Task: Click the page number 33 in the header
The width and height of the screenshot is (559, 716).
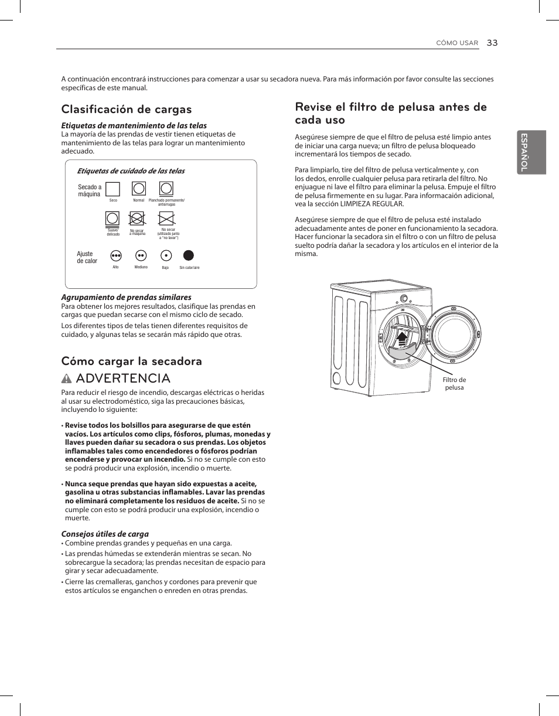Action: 492,43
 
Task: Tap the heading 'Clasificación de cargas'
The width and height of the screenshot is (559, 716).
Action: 127,110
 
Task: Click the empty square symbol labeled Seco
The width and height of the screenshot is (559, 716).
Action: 113,189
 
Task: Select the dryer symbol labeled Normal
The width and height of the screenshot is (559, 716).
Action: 138,188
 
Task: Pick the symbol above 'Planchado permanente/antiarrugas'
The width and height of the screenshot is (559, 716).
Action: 166,188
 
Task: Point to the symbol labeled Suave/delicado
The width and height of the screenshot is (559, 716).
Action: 113,219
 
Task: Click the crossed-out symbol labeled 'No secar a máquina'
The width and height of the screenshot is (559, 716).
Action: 137,219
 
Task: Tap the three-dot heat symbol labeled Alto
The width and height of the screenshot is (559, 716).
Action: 115,255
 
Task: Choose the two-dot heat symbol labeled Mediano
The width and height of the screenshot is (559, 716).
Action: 141,255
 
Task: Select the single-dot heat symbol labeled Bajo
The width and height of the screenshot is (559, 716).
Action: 166,255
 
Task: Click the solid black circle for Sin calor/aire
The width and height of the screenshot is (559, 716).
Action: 189,255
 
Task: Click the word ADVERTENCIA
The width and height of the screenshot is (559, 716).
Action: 123,378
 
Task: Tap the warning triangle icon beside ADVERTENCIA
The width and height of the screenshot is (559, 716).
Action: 67,378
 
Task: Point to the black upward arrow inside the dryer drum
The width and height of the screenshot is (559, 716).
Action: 401,338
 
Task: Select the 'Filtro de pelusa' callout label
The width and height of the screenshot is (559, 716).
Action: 454,384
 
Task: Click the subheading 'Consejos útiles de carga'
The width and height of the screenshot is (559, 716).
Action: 105,534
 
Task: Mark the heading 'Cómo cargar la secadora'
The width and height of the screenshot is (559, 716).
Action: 132,361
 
